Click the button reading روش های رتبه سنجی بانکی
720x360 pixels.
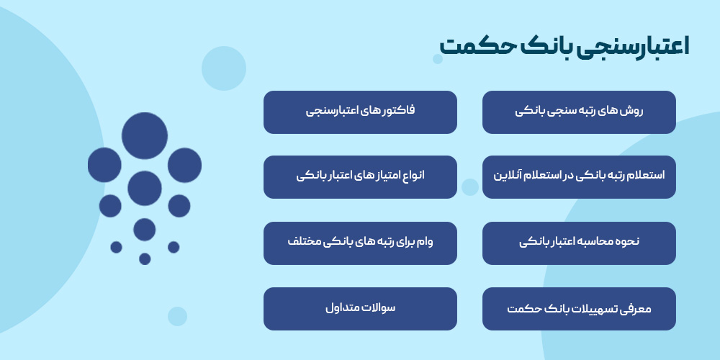pyautogui.click(x=579, y=112)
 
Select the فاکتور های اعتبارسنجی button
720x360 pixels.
pyautogui.click(x=360, y=112)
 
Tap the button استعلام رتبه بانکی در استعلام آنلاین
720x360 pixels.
pyautogui.click(x=579, y=176)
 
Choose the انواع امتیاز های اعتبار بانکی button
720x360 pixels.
pyautogui.click(x=360, y=176)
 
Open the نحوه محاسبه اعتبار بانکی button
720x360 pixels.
pyautogui.click(x=579, y=243)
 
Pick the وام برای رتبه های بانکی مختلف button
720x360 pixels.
pyautogui.click(x=360, y=243)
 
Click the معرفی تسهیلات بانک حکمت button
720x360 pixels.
pyautogui.click(x=579, y=309)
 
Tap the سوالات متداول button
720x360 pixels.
pyautogui.click(x=360, y=309)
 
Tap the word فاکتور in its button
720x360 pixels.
pyautogui.click(x=400, y=112)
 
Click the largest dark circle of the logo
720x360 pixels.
pyautogui.click(x=145, y=136)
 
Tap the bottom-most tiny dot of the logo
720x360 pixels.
pyautogui.click(x=145, y=259)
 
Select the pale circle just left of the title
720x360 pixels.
pyautogui.click(x=438, y=59)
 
